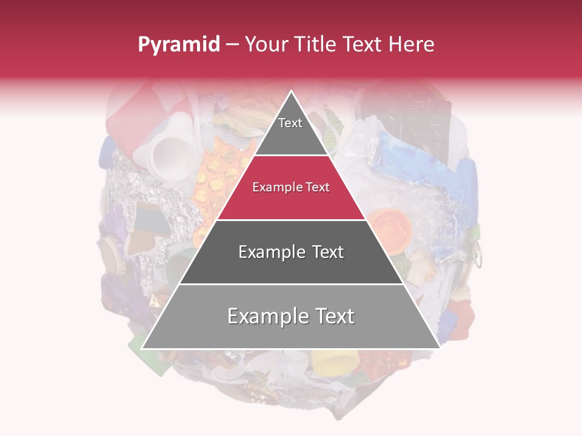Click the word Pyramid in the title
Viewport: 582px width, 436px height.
click(179, 45)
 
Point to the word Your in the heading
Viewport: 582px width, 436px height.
click(265, 45)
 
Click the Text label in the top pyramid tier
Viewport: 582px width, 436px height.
click(290, 123)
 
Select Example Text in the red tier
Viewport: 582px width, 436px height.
click(291, 187)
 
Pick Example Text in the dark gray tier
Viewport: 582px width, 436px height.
click(291, 252)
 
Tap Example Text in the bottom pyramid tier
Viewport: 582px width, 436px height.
click(291, 316)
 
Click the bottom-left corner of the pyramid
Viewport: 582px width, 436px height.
click(142, 348)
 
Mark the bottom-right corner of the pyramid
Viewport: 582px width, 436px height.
click(440, 348)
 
